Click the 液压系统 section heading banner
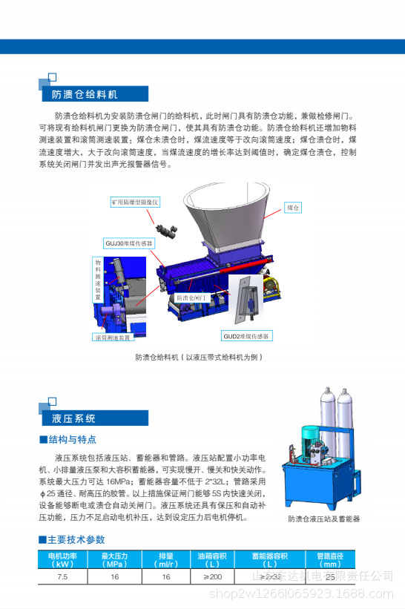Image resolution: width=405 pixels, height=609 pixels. [74, 419]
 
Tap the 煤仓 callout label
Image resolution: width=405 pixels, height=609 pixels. [294, 208]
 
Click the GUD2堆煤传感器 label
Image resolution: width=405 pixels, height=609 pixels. [248, 336]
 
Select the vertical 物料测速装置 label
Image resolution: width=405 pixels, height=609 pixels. [98, 280]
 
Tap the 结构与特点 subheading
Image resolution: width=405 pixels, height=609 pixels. [72, 440]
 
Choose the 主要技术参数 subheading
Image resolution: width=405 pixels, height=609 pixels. [76, 539]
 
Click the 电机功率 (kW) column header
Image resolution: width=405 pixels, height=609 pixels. [63, 559]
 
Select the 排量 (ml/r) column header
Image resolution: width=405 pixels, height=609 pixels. [166, 559]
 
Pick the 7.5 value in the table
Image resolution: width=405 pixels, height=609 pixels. [63, 576]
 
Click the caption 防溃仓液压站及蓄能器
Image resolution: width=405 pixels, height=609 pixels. [323, 519]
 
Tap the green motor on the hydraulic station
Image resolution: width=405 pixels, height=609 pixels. [315, 437]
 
